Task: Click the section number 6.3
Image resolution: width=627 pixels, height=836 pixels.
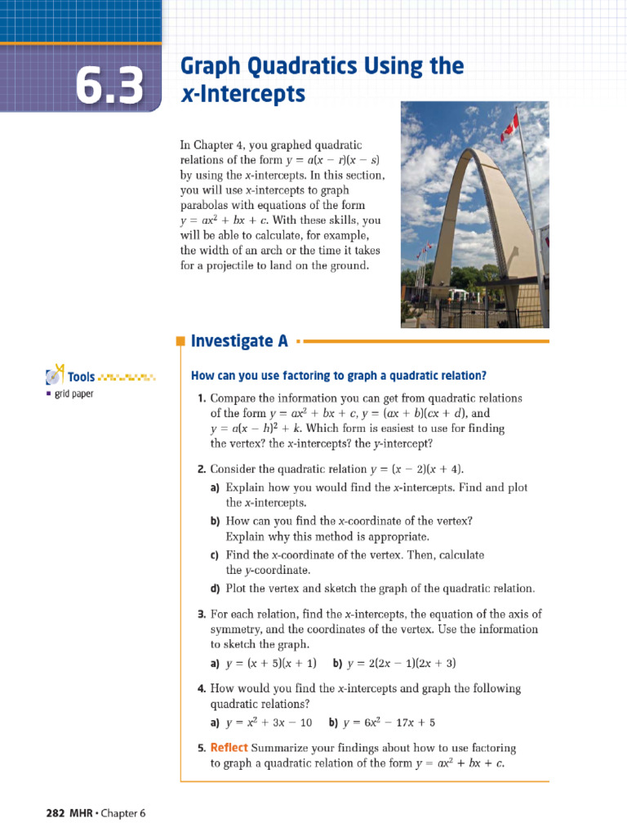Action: click(109, 84)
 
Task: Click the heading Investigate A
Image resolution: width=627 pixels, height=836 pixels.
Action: click(239, 341)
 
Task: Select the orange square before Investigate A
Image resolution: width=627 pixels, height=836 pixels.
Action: click(181, 342)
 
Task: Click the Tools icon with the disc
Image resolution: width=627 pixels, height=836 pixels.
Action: click(55, 376)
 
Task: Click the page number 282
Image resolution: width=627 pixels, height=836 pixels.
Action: click(54, 812)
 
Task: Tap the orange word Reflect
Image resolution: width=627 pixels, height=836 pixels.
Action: click(229, 748)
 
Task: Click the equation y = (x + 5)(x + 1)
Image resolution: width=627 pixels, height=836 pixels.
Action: click(270, 663)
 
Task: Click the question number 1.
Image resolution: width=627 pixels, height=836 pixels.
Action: click(201, 398)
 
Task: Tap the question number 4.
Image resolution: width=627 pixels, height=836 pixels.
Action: click(201, 688)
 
